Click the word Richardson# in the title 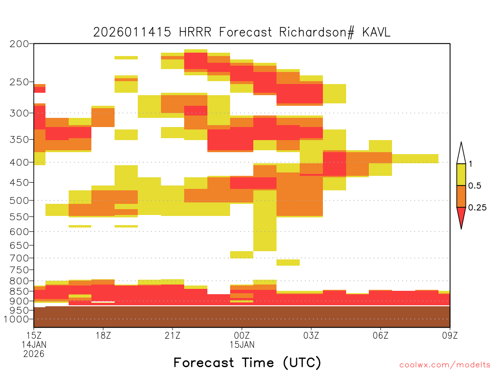(x=317, y=32)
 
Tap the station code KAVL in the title (x=376, y=32)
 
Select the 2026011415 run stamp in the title (x=132, y=32)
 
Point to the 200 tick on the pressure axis (x=19, y=44)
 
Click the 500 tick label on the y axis (x=19, y=200)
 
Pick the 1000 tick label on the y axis (x=16, y=319)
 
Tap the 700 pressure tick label (x=19, y=258)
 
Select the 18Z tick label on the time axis (x=103, y=335)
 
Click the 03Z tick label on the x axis (x=311, y=335)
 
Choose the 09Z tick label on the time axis (x=450, y=335)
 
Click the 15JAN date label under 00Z (x=242, y=344)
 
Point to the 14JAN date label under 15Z (x=34, y=344)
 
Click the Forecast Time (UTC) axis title (x=247, y=363)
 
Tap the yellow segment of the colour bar (x=461, y=174)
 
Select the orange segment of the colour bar (x=461, y=196)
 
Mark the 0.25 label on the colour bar (x=477, y=208)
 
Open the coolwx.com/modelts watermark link (x=445, y=365)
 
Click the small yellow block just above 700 (x=242, y=255)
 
